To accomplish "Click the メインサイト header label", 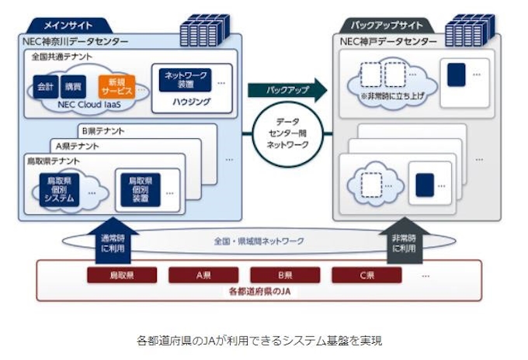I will click(68, 25).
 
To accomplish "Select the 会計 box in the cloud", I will click(45, 85).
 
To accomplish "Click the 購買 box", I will click(74, 85).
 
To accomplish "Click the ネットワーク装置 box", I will click(185, 80).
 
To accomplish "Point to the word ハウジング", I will click(186, 102).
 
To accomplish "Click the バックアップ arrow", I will click(287, 90).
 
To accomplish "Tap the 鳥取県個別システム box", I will click(59, 189).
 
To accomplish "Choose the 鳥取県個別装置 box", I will click(140, 189).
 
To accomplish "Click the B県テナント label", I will click(103, 131).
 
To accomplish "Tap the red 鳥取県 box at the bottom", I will click(122, 275).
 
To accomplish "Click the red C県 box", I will click(366, 275).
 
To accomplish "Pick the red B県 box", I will click(285, 275).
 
